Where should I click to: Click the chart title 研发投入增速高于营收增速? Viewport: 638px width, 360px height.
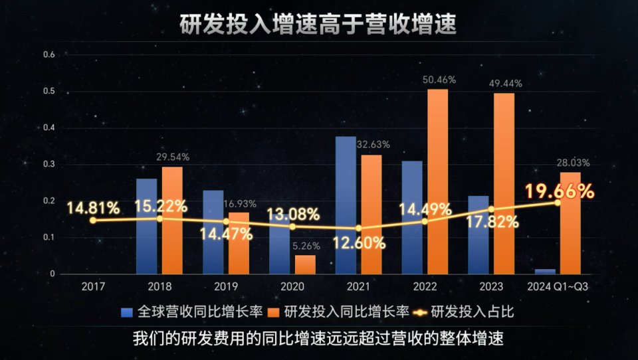point(318,25)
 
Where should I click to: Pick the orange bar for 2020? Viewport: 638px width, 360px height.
point(305,264)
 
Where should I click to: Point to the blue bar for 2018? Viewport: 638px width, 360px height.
point(146,226)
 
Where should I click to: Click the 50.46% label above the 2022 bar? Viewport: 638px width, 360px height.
point(439,80)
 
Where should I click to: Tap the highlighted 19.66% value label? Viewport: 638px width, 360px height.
point(559,192)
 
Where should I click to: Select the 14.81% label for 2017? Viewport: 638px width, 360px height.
point(93,208)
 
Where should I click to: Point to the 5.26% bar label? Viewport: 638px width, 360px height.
point(306,246)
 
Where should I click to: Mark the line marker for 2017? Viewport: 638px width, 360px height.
point(93,220)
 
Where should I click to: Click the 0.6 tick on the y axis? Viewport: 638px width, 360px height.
point(48,54)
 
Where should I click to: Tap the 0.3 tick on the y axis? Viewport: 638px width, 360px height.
point(48,164)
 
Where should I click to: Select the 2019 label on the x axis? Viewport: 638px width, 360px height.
point(226,287)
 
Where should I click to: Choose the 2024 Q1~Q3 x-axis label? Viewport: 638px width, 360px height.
point(558,287)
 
